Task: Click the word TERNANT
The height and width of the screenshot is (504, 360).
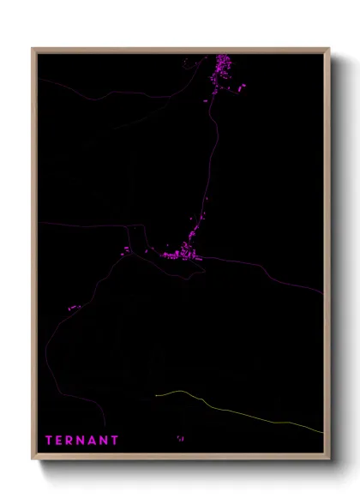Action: (82, 441)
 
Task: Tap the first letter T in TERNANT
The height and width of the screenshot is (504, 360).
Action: (50, 441)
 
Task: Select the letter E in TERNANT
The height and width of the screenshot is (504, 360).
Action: (61, 441)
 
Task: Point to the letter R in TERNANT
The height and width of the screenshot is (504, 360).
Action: (72, 441)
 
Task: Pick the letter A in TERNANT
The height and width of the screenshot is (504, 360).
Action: (93, 441)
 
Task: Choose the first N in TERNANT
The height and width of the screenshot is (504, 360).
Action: (82, 441)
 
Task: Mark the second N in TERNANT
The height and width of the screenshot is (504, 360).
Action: (105, 441)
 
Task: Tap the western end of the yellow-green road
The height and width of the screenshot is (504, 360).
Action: (156, 395)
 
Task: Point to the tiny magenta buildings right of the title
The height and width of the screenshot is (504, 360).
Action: (180, 438)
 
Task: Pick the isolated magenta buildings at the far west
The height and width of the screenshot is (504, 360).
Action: (74, 308)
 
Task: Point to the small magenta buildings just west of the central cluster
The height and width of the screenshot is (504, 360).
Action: (127, 249)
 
